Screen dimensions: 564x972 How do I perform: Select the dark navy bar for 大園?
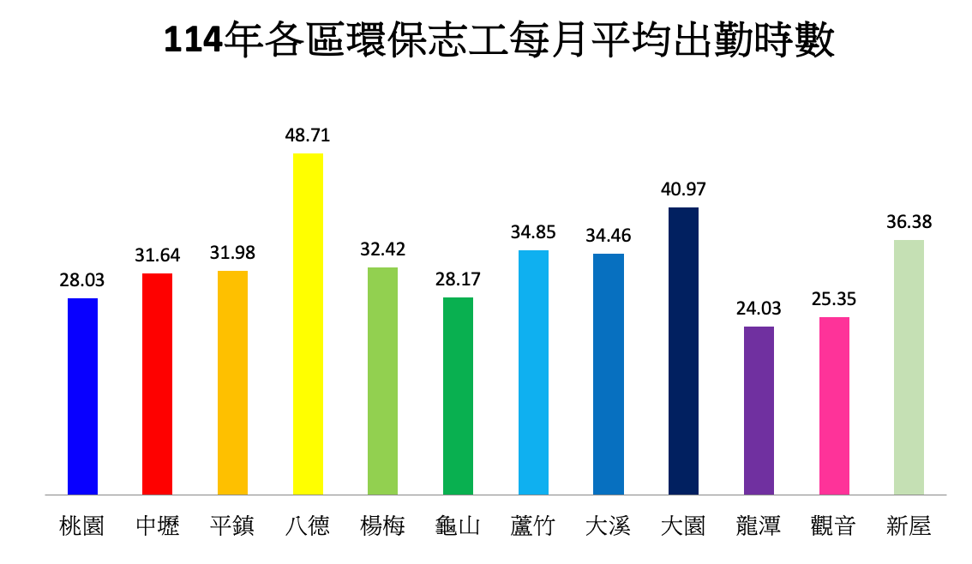click(683, 351)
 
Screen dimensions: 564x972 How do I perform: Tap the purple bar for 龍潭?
click(759, 411)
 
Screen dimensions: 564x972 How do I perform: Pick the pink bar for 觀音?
click(834, 406)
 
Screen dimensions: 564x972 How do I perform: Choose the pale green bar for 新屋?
click(909, 368)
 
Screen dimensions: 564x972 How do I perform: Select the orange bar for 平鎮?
click(232, 383)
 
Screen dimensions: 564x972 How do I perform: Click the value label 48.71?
click(308, 135)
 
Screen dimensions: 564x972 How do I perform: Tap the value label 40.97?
click(683, 189)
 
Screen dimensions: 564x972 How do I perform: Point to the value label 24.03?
click(759, 308)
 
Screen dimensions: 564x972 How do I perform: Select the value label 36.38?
click(909, 221)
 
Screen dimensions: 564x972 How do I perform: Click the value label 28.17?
click(458, 279)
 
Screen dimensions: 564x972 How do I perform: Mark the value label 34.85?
click(533, 231)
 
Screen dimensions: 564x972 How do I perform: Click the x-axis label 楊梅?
click(382, 525)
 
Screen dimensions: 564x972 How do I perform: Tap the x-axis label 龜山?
click(458, 525)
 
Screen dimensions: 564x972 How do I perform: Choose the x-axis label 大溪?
click(608, 525)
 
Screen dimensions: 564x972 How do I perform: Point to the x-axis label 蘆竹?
click(533, 525)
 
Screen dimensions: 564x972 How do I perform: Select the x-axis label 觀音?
click(833, 525)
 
